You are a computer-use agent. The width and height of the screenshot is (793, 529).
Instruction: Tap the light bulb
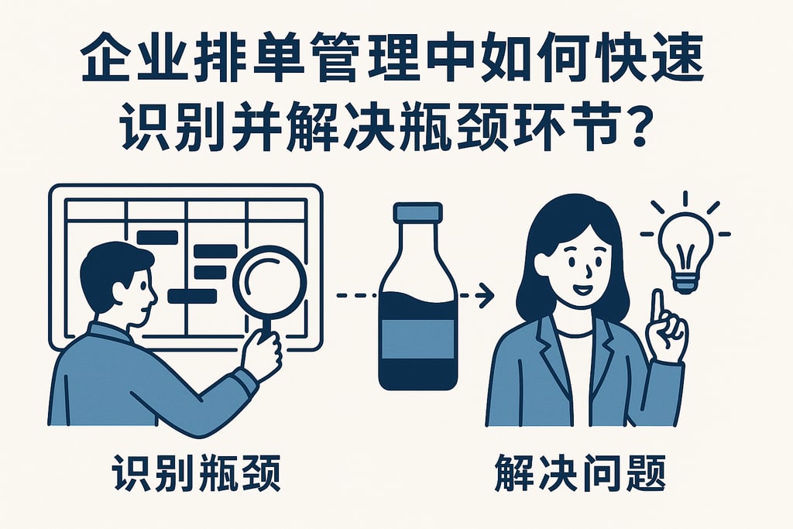(x=684, y=247)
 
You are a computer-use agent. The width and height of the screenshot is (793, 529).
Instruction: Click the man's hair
(x=108, y=263)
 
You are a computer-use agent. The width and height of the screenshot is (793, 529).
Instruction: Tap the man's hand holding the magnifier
(x=260, y=353)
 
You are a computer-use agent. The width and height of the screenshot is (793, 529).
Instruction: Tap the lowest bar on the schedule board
(x=191, y=295)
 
